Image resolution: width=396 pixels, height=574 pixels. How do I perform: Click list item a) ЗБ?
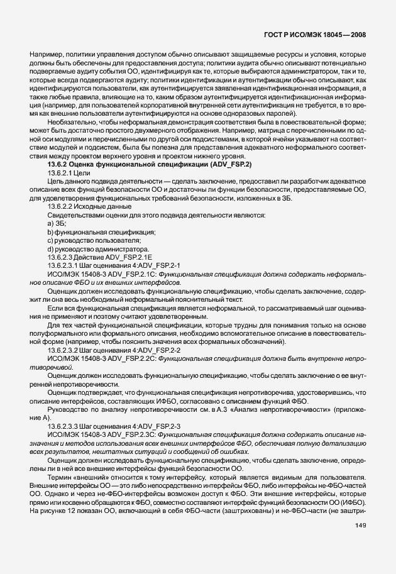click(x=57, y=223)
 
